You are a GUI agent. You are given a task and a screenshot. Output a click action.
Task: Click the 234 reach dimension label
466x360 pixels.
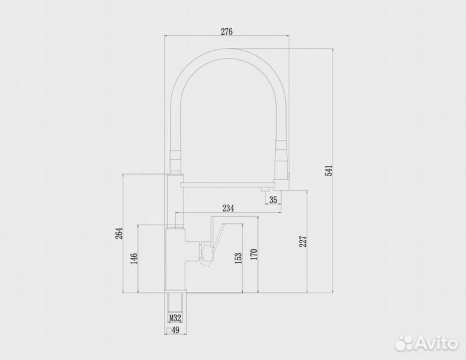tap(228, 209)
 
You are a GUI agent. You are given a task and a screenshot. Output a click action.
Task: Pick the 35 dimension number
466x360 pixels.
tap(273, 199)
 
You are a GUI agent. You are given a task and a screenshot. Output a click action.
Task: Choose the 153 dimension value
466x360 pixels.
tap(238, 258)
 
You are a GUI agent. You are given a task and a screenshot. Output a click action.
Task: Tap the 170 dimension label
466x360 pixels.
tap(254, 253)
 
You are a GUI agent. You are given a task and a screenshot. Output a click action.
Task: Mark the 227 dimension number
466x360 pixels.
tap(303, 241)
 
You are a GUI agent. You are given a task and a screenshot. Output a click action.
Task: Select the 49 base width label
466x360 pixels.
tap(176, 329)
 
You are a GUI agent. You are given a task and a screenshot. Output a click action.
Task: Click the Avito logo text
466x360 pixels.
tap(434, 343)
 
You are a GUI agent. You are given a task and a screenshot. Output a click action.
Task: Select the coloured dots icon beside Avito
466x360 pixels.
tap(405, 343)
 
